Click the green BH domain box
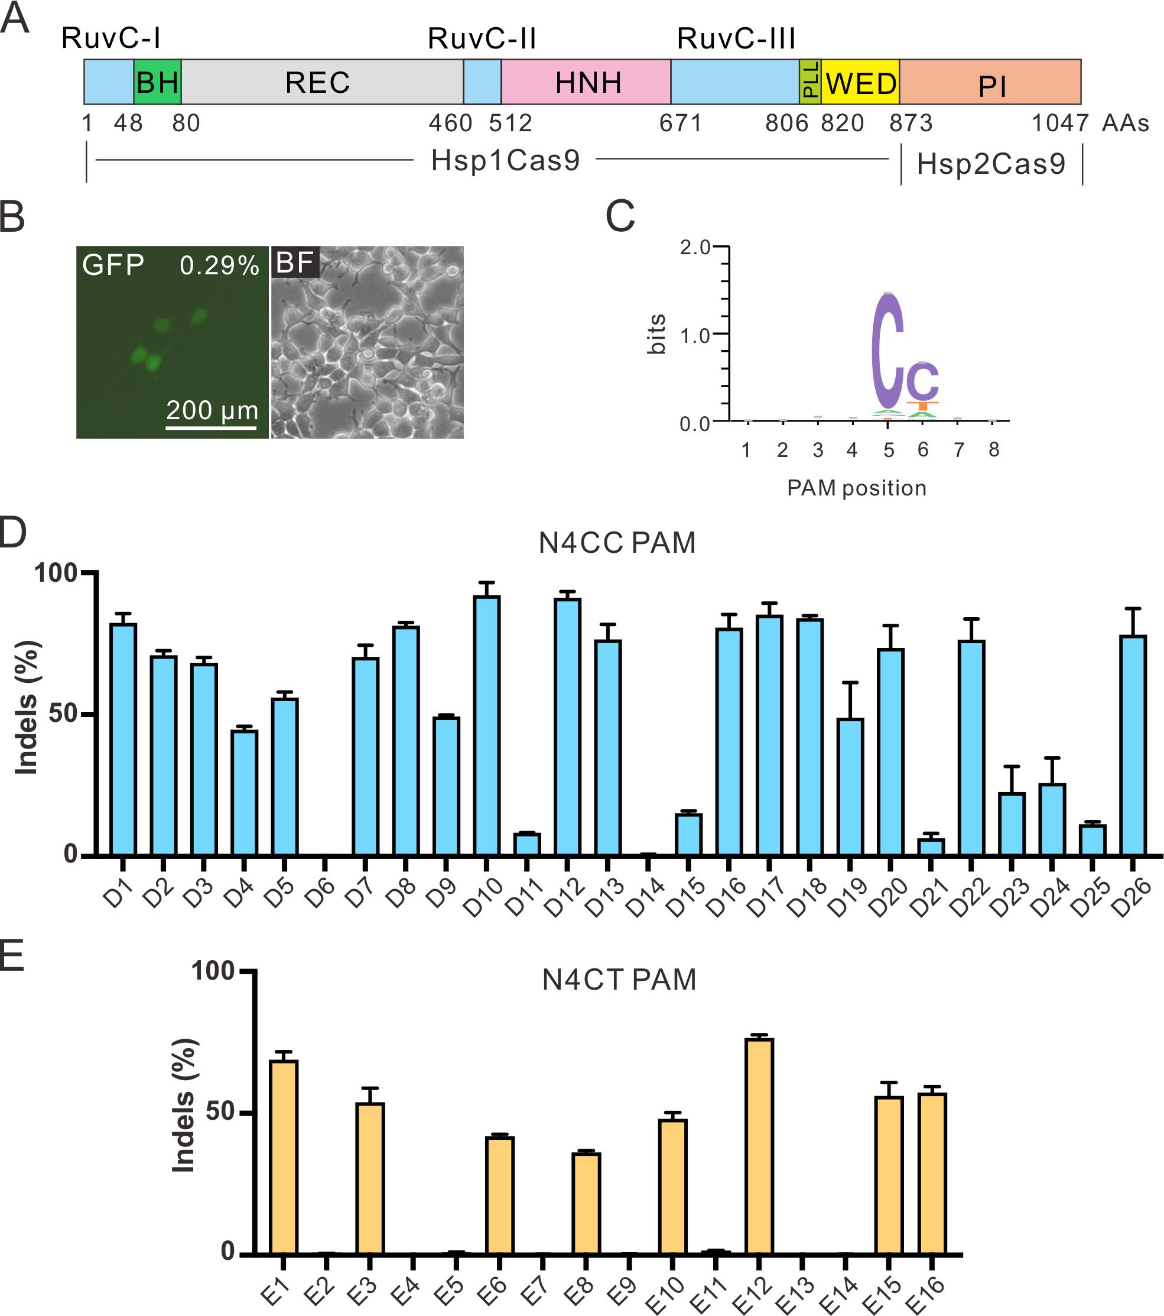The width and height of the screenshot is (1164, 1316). [158, 82]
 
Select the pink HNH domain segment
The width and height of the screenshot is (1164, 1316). [586, 82]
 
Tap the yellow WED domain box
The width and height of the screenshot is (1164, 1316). [860, 82]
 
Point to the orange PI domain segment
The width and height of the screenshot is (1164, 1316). [990, 82]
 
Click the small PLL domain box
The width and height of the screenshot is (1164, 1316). [810, 82]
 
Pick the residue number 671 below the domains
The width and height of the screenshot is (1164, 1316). [680, 123]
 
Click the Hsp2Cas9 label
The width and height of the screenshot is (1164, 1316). [991, 164]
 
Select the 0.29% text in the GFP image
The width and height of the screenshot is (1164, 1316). [219, 265]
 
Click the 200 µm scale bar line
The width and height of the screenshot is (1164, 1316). [211, 427]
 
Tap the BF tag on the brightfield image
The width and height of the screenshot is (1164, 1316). [295, 262]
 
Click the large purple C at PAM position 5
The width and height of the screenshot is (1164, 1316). [888, 351]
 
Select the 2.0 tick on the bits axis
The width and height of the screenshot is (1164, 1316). [695, 247]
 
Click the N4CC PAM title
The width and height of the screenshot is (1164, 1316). [617, 543]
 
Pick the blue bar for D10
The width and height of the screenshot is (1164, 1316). [486, 725]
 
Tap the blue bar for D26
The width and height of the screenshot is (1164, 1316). [1133, 745]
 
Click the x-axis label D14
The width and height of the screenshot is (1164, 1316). [645, 897]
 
